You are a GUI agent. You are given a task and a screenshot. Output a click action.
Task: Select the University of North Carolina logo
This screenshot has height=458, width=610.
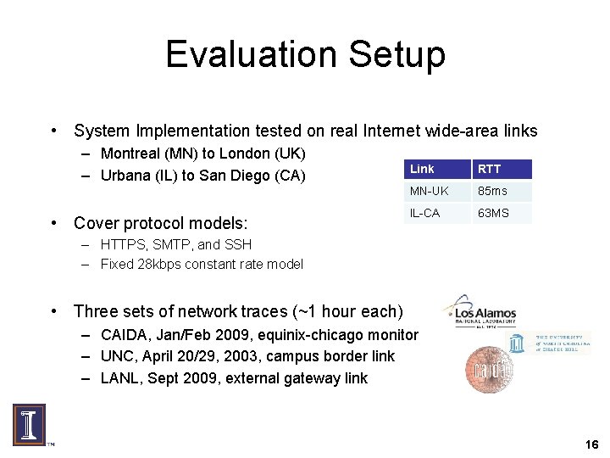(549, 343)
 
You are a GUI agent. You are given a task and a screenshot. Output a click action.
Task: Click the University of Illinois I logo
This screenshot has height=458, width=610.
(29, 425)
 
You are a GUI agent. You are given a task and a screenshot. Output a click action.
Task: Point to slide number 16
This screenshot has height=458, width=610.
(591, 444)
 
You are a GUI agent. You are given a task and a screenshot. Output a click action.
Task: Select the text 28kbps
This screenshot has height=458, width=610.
(169, 264)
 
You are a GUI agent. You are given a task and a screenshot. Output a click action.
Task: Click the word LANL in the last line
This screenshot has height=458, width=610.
(119, 378)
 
